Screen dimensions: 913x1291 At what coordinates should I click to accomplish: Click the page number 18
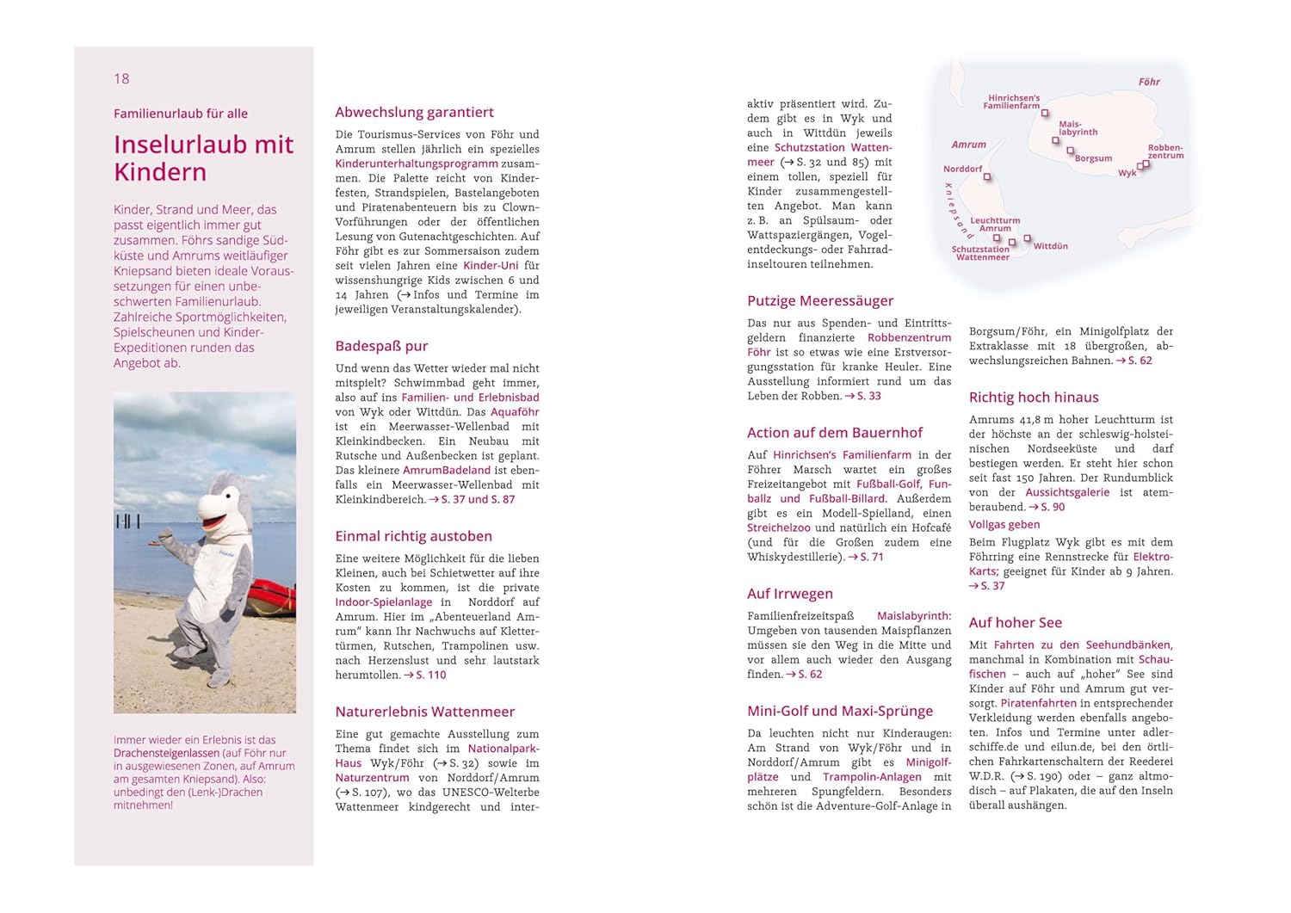[121, 79]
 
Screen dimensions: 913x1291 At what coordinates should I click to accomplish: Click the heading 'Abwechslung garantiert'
[414, 112]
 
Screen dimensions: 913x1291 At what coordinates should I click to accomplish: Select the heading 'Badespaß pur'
[381, 346]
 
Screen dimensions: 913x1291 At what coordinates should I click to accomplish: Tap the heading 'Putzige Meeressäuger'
[820, 300]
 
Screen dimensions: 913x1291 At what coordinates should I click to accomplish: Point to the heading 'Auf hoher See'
[1015, 622]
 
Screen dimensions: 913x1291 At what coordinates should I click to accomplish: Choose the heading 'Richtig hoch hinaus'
[1033, 397]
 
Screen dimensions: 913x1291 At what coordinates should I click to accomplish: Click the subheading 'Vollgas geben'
[1004, 524]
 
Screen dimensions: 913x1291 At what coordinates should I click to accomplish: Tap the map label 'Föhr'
[1149, 82]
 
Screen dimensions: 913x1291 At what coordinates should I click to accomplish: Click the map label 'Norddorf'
[962, 169]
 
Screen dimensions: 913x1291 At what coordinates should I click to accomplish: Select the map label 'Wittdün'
[1050, 246]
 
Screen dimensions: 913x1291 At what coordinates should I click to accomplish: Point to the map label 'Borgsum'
[1093, 158]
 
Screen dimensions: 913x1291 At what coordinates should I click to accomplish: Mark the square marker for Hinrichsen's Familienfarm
[1045, 113]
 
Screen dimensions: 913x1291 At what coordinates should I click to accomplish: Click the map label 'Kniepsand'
[955, 210]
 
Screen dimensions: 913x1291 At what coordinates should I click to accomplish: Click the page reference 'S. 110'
[430, 675]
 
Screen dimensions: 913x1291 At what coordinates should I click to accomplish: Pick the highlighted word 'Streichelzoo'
[778, 527]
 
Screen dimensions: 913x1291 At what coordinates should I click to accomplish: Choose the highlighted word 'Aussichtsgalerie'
[1067, 492]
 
